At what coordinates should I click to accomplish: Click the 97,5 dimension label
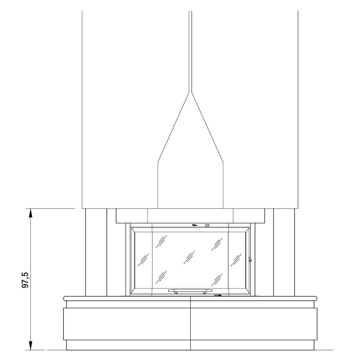25,280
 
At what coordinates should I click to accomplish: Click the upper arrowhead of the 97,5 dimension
30,213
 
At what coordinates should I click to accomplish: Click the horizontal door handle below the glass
190,290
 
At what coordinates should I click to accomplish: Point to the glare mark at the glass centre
189,257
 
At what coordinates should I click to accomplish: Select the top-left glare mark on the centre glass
161,242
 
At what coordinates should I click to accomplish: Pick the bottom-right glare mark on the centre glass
217,280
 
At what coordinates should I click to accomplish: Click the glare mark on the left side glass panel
143,260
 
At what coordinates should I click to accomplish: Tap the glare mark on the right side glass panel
236,260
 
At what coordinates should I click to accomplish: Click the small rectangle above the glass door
207,225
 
